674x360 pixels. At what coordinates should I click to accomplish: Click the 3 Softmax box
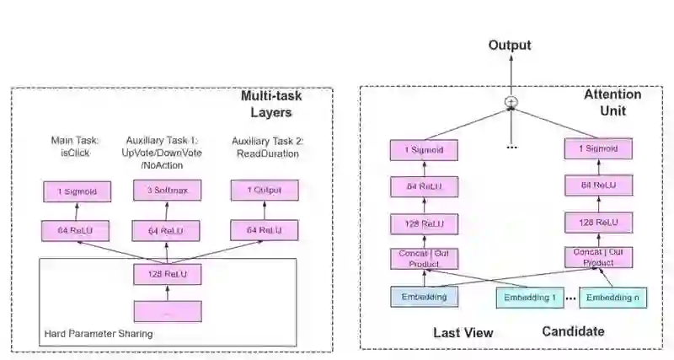[x=167, y=191]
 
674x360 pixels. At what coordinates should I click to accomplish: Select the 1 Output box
[x=265, y=191]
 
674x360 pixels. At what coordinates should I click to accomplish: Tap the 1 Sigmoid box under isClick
[x=78, y=192]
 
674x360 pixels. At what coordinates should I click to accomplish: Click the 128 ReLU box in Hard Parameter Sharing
[x=167, y=274]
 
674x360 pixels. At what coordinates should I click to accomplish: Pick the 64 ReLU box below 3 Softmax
[x=166, y=231]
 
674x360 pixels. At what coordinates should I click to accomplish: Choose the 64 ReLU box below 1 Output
[x=265, y=230]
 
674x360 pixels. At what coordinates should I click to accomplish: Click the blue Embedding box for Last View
[x=425, y=298]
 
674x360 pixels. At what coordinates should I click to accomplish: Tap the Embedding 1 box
[x=530, y=298]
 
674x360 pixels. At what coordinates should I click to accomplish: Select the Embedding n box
[x=613, y=298]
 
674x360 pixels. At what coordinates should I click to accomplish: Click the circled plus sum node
[x=511, y=102]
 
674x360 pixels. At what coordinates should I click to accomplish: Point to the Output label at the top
[x=510, y=46]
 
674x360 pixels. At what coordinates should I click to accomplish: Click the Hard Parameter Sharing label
[x=99, y=334]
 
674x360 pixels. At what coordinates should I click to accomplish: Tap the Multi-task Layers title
[x=271, y=104]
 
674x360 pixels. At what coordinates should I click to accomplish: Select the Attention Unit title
[x=612, y=102]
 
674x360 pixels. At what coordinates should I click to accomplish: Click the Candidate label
[x=573, y=331]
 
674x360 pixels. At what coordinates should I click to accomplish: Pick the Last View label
[x=463, y=333]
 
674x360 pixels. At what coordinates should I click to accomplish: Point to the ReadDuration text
[x=268, y=154]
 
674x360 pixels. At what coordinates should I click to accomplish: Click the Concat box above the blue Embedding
[x=425, y=259]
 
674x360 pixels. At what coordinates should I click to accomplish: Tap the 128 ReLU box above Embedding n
[x=599, y=223]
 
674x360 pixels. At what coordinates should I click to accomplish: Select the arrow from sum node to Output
[x=511, y=75]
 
